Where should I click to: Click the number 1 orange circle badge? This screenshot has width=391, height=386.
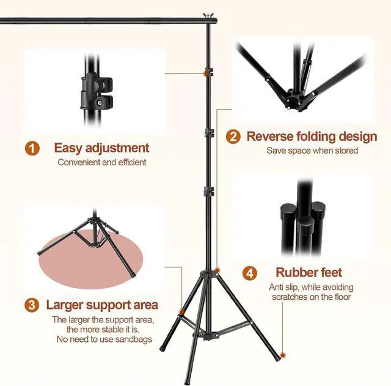click(32, 149)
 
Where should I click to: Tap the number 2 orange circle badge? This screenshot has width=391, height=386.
click(233, 137)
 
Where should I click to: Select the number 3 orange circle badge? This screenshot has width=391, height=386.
click(32, 305)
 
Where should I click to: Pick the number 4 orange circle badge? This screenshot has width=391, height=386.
click(250, 273)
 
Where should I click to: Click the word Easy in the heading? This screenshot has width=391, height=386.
click(68, 148)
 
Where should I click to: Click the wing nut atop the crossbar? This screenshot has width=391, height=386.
click(206, 15)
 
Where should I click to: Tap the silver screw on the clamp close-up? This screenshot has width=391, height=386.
click(100, 102)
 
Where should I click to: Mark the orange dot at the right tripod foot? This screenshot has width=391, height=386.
click(282, 355)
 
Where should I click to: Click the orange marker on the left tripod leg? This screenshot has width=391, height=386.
click(181, 312)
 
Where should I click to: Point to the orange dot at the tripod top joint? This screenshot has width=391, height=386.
click(217, 270)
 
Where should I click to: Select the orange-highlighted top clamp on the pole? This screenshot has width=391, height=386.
click(208, 73)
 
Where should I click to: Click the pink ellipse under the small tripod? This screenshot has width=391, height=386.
click(90, 261)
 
